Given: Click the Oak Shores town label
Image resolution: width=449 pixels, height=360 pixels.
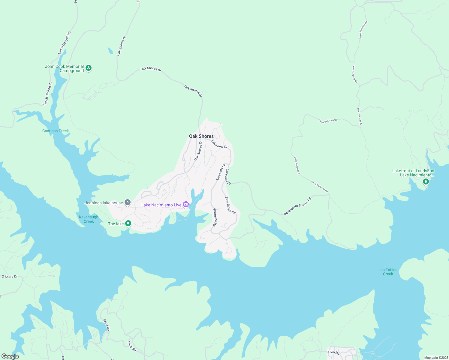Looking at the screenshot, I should pyautogui.click(x=201, y=136).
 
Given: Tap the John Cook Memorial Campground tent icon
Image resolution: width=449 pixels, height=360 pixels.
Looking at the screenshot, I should pyautogui.click(x=88, y=68).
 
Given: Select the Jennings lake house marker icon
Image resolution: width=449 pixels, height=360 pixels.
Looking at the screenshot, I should pyautogui.click(x=128, y=203).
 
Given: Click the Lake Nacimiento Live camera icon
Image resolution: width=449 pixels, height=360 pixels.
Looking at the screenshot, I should pyautogui.click(x=186, y=205).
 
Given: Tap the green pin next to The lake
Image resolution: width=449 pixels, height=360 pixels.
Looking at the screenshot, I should pyautogui.click(x=128, y=223).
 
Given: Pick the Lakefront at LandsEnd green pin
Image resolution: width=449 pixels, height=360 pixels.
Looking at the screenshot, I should pyautogui.click(x=425, y=181).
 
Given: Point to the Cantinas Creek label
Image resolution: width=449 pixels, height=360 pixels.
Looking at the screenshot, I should pyautogui.click(x=56, y=131).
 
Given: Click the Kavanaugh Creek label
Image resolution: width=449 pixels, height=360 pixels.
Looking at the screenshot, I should pyautogui.click(x=89, y=219).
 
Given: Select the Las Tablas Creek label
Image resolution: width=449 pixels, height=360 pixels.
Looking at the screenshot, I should pyautogui.click(x=388, y=272).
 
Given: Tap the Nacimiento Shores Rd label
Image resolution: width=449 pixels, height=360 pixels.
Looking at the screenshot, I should pyautogui.click(x=297, y=206).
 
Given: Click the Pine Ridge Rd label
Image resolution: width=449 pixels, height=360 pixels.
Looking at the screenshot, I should pyautogui.click(x=231, y=205).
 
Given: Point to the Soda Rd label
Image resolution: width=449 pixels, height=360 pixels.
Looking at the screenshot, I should pyautogui.click(x=107, y=325).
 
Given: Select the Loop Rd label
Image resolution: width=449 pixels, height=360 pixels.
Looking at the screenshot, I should pyautogui.click(x=132, y=346).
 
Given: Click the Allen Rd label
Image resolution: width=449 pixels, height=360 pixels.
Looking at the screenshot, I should pyautogui.click(x=333, y=352).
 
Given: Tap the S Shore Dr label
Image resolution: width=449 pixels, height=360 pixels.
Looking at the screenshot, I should pyautogui.click(x=10, y=277).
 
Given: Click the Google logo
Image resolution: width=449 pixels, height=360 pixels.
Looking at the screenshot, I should pyautogui.click(x=10, y=356).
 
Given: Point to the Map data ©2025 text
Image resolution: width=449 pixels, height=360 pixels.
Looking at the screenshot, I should pyautogui.click(x=436, y=358).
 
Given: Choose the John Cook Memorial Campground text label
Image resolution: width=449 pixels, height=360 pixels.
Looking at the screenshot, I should pyautogui.click(x=65, y=68).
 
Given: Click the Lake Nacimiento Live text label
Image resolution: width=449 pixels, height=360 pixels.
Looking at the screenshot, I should pyautogui.click(x=161, y=205).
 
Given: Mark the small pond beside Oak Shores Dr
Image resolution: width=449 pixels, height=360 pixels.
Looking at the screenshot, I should pyautogui.click(x=110, y=51).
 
